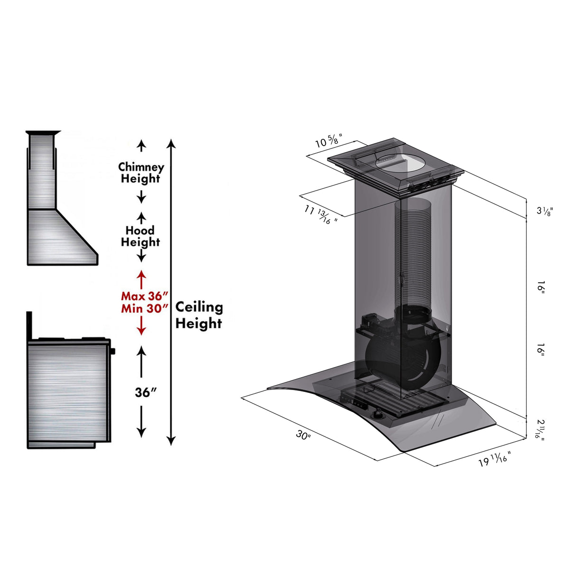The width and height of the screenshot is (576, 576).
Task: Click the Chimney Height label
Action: pos(141,173)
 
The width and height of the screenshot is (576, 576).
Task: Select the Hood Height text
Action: pos(140,236)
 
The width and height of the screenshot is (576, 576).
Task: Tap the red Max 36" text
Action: pos(144,296)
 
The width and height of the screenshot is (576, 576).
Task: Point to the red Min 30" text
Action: pos(144,308)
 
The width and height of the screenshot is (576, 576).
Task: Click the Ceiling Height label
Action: pos(199,315)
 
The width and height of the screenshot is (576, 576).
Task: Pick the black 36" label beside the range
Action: pos(146,392)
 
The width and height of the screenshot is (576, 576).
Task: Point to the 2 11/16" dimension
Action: pos(540,428)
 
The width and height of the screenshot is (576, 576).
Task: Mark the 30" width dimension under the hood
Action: pos(303,435)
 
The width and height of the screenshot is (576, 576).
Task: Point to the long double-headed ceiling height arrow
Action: pos(172,292)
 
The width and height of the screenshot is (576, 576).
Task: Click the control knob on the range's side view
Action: pos(113,352)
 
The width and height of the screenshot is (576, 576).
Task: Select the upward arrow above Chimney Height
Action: pos(141,146)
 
